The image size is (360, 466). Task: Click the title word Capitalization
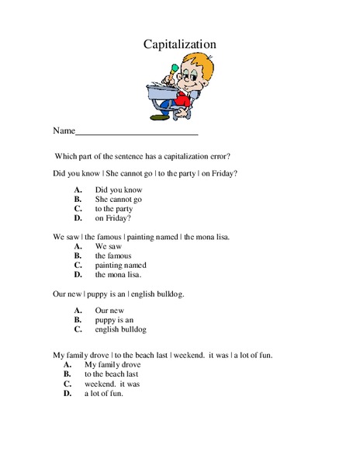pyautogui.click(x=179, y=44)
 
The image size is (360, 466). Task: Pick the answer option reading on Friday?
pyautogui.click(x=113, y=218)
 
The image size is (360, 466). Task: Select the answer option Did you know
pyautogui.click(x=119, y=190)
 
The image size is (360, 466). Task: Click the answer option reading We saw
pyautogui.click(x=110, y=246)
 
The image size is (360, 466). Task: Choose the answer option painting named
pyautogui.click(x=120, y=265)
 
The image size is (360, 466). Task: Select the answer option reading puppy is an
pyautogui.click(x=115, y=319)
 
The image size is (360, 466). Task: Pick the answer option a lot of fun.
pyautogui.click(x=104, y=393)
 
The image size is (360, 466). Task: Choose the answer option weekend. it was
pyautogui.click(x=112, y=384)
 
